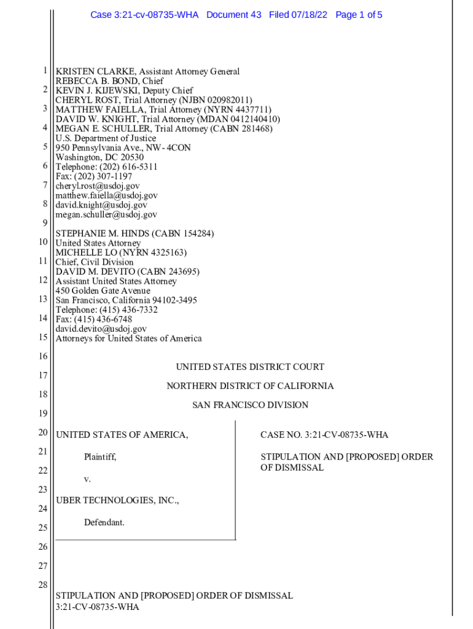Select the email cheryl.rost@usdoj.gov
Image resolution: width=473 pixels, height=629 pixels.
click(x=98, y=186)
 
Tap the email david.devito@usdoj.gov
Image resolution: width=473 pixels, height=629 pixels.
click(x=101, y=329)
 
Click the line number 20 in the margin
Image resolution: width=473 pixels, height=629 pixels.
click(x=42, y=433)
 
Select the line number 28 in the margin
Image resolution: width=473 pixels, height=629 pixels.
click(x=42, y=585)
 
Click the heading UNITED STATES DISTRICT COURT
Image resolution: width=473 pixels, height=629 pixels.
click(x=250, y=367)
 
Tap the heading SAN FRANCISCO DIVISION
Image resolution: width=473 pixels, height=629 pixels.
click(x=250, y=405)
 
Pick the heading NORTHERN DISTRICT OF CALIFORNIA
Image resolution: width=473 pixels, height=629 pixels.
click(x=250, y=386)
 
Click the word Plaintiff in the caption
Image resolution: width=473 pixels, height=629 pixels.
click(x=100, y=457)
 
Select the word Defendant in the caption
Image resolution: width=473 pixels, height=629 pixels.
click(x=104, y=523)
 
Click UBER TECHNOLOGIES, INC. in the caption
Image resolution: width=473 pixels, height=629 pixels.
click(x=117, y=501)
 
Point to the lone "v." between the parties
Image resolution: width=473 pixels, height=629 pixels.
click(x=87, y=479)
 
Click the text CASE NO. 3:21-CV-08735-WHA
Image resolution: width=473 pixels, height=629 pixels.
click(x=324, y=436)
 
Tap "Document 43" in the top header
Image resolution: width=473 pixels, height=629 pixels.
click(x=234, y=15)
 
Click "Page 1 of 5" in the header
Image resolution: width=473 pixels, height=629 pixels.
click(x=359, y=15)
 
